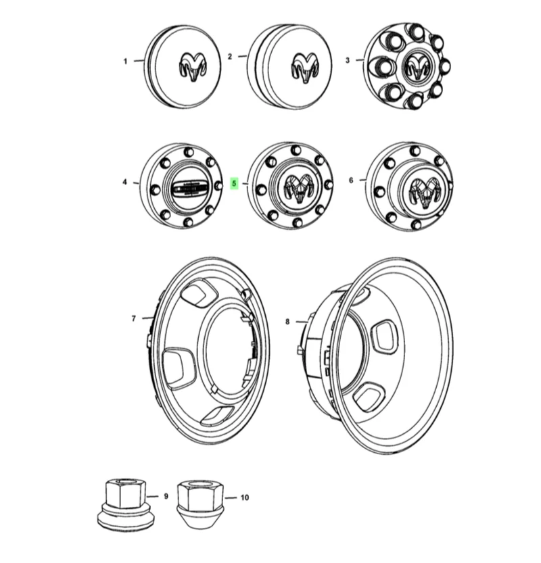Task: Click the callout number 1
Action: point(125,62)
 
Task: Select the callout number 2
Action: point(230,57)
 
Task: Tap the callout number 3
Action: point(348,60)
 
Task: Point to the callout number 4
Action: point(124,182)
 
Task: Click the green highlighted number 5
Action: point(234,183)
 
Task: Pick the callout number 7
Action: point(133,318)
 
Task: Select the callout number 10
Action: point(244,498)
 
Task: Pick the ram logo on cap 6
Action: point(425,191)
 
